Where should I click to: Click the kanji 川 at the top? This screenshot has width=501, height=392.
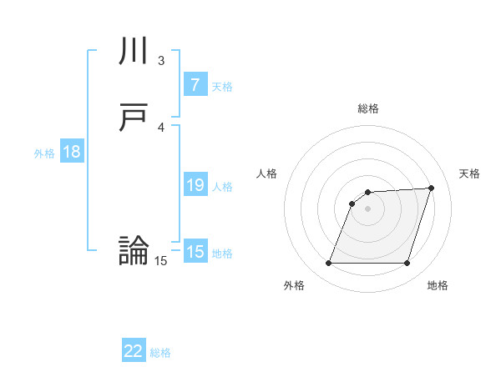point(134,53)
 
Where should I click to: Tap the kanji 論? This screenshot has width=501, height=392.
point(134,251)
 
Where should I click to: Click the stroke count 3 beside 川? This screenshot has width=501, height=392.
point(161,61)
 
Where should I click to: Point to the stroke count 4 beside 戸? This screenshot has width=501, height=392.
point(161,127)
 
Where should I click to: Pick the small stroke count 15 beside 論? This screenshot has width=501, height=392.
point(161,261)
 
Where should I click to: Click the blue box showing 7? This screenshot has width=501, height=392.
point(195,85)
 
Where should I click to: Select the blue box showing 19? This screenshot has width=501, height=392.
point(195,185)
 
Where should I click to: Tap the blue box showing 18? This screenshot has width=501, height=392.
point(72,152)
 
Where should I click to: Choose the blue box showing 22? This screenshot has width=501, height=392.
point(134,351)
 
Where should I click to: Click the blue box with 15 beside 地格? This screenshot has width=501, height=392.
point(195,252)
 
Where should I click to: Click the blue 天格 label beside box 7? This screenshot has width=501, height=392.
point(222,86)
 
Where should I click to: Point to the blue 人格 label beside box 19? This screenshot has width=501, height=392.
point(222,186)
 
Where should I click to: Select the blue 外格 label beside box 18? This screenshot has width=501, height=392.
point(44,153)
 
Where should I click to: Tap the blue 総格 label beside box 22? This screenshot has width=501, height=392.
point(160,353)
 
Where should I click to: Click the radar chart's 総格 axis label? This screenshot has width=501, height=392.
point(368,108)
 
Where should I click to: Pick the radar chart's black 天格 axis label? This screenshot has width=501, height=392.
point(469,173)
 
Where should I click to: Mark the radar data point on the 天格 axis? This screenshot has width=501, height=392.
point(432,188)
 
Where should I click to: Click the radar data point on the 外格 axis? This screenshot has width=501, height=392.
point(328,264)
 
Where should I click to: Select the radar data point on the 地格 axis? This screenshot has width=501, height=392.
point(407,264)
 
